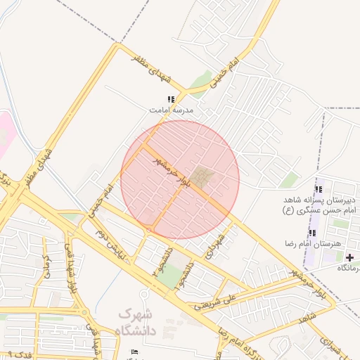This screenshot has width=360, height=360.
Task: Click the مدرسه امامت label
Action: point(171,110)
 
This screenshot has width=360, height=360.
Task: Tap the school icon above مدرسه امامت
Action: point(170,100)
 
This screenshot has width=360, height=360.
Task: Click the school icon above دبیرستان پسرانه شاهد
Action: point(319,189)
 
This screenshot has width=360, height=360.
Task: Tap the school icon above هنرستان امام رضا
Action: point(312,233)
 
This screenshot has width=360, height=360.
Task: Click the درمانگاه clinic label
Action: point(348,268)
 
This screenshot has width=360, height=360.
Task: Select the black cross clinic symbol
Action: point(350,257)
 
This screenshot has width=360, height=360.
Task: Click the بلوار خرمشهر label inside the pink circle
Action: point(173,172)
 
